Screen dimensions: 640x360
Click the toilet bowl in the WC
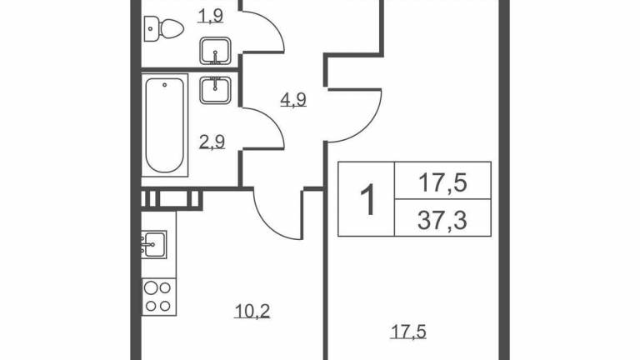point(172,28)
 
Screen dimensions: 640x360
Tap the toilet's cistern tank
point(152,29)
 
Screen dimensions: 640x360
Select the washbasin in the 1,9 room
point(215,51)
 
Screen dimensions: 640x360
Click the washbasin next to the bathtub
point(215,90)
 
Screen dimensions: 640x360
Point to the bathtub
point(164,125)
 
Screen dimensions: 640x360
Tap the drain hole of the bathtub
point(164,85)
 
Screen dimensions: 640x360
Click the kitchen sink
point(154,244)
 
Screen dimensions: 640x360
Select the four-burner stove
point(159,297)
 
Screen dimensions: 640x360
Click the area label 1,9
point(211,17)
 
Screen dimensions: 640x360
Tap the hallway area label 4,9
point(293,99)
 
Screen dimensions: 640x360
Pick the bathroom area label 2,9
point(212,142)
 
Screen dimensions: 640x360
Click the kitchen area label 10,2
point(252,312)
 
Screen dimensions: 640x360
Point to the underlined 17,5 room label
point(408,332)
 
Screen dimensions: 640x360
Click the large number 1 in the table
point(368,200)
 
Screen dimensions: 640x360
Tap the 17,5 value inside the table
point(442,182)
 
